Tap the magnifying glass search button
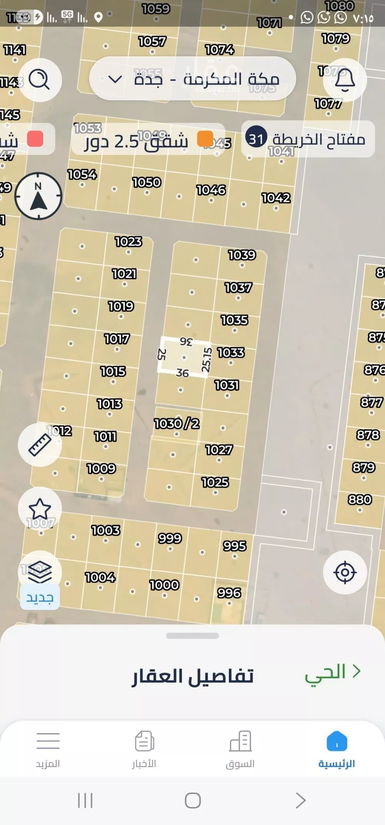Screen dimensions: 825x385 [40, 80]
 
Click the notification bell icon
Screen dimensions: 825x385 [345, 80]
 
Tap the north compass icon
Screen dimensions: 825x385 [38, 196]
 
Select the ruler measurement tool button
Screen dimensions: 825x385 [40, 445]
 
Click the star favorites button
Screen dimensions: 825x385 [40, 509]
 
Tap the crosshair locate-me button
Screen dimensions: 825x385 [345, 572]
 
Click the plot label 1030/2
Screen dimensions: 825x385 [177, 424]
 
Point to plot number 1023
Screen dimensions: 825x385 [128, 242]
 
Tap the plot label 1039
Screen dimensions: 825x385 [242, 255]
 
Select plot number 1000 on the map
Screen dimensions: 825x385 [164, 585]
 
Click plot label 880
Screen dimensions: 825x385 [360, 499]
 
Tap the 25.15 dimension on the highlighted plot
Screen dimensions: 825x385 [207, 359]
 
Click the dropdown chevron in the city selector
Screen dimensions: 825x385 [115, 80]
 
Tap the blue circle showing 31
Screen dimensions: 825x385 [256, 139]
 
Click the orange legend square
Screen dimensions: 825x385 [205, 139]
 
